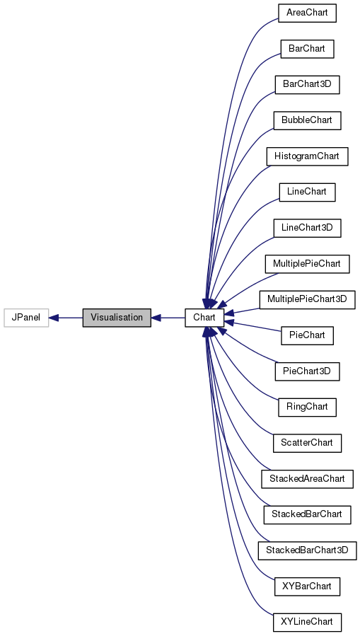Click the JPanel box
26,318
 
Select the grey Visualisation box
117,318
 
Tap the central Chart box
204,318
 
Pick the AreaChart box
306,13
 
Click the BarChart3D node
307,85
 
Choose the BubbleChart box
307,120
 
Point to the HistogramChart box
307,156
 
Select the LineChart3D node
307,228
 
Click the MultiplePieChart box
307,264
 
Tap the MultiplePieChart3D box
307,299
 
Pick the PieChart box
307,335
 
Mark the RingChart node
307,407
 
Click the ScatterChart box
307,443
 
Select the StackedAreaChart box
307,479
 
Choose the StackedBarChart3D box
307,550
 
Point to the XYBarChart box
307,586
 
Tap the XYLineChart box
307,623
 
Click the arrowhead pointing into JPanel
54,318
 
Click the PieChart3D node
307,371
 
